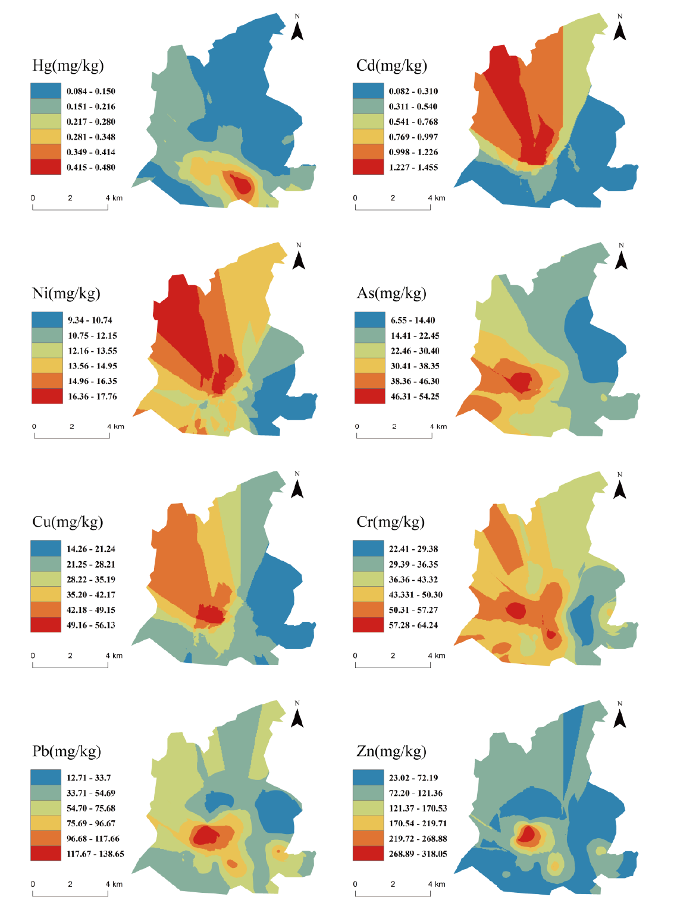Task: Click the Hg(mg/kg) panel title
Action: coord(68,65)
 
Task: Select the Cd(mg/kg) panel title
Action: coord(391,65)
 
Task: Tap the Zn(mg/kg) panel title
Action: coord(391,751)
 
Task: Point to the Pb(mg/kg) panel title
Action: coord(67,751)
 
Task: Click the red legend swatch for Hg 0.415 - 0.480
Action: coord(46,167)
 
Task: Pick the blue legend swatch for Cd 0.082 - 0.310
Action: coord(368,91)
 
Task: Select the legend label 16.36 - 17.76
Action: coord(92,396)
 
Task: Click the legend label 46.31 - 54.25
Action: coord(415,396)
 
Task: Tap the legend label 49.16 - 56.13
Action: coord(91,625)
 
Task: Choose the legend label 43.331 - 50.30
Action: coord(415,594)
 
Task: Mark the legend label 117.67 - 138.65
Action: coord(95,854)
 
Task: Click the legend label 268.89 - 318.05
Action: coord(418,854)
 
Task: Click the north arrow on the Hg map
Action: coord(297,28)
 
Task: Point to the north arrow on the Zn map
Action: coord(619,715)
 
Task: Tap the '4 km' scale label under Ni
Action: coord(115,426)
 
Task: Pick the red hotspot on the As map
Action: coord(521,382)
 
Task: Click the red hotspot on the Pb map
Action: coord(208,835)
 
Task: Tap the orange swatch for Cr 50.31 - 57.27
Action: coord(368,610)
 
